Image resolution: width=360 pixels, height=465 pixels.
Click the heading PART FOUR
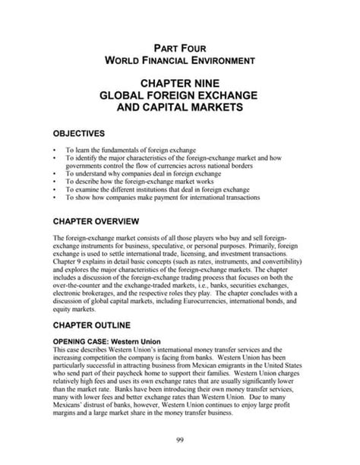pyautogui.click(x=180, y=46)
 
